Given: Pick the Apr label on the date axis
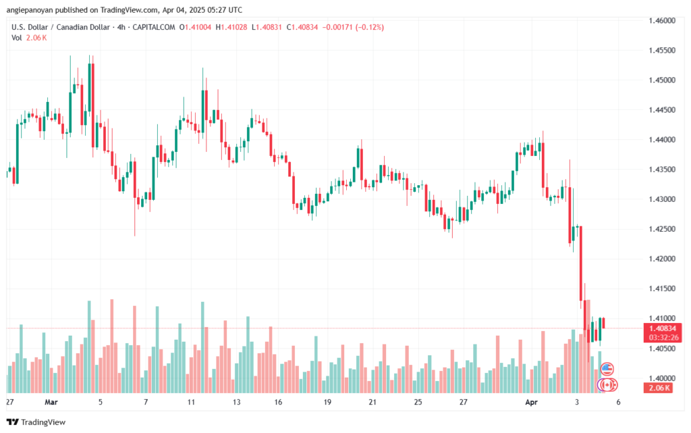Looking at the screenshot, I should (x=531, y=401).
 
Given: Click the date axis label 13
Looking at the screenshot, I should (x=236, y=401).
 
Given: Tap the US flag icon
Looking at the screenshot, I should (x=607, y=369).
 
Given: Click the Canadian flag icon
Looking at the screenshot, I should (x=607, y=384).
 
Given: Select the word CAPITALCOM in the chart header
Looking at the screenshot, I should (x=153, y=27).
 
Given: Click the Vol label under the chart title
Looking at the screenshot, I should (x=16, y=38).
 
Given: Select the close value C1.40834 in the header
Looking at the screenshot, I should (x=302, y=27).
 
